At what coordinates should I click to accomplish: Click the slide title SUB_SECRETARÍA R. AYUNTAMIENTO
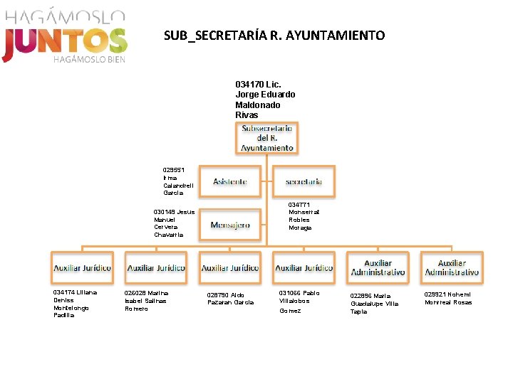point(274,35)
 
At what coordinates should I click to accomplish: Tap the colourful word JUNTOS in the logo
point(65,41)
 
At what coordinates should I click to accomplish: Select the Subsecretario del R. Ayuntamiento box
point(266,137)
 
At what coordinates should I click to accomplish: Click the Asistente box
point(230,182)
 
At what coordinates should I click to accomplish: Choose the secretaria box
point(304,182)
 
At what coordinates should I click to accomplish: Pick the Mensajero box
point(230,225)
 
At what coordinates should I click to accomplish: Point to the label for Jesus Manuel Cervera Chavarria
point(174,223)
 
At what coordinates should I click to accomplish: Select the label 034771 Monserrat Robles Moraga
point(304,216)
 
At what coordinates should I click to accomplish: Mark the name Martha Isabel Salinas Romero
point(146,300)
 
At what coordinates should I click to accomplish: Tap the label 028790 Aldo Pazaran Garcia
point(230,298)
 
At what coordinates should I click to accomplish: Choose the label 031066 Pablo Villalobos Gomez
point(299,301)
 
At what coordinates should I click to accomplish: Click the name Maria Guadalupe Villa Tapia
point(374,303)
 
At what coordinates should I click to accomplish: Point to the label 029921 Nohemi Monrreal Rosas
point(447,298)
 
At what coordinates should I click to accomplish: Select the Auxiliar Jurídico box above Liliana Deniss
point(82,267)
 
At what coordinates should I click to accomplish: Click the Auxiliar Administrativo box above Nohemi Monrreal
point(452,267)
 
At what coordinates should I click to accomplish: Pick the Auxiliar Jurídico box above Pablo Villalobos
point(304,267)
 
